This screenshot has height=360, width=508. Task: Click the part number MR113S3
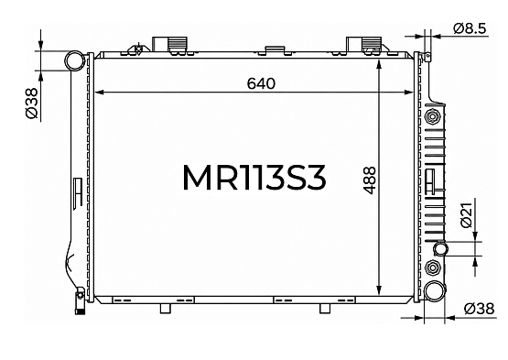(x=254, y=178)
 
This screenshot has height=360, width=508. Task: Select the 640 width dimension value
(x=261, y=83)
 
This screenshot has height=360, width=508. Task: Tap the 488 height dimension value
(x=370, y=180)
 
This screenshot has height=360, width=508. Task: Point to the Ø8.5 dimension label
(x=470, y=28)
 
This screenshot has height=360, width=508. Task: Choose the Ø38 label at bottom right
(x=479, y=309)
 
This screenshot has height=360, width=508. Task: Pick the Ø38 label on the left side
(x=32, y=104)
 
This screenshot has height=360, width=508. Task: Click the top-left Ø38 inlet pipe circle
(x=75, y=60)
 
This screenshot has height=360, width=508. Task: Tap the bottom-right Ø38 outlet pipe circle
(x=435, y=291)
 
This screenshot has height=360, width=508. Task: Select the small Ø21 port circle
(x=440, y=249)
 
